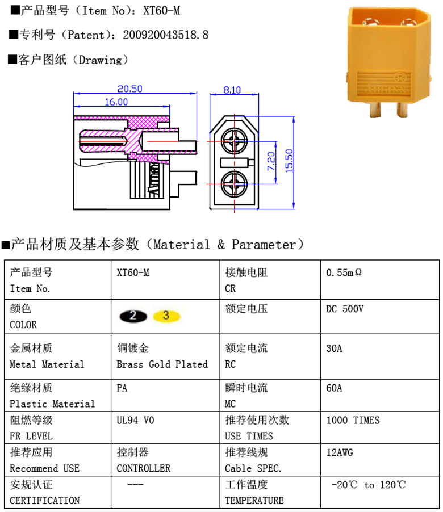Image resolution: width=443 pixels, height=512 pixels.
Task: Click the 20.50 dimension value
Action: [x=129, y=89]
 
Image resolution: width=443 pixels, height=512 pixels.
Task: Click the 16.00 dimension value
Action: [x=116, y=102]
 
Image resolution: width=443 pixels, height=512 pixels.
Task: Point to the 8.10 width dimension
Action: [x=232, y=90]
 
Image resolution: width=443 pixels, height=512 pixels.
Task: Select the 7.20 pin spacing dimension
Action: [x=271, y=162]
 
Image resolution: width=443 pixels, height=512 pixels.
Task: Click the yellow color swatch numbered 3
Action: [x=166, y=316]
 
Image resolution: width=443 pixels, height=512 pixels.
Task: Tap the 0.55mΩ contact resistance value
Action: [x=344, y=272]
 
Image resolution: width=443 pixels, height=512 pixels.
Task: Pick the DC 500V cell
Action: [x=345, y=309]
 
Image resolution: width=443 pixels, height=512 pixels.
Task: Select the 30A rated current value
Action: [x=335, y=349]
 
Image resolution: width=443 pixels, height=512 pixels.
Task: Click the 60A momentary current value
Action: [x=335, y=388]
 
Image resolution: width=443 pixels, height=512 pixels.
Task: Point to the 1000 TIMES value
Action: [x=353, y=421]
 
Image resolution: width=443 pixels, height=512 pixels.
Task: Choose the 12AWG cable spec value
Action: [x=340, y=453]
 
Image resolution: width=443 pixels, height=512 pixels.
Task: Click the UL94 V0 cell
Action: [x=135, y=421]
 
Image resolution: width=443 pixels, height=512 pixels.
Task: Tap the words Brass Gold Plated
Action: [x=162, y=364]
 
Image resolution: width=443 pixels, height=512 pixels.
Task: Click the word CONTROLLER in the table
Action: [x=143, y=469]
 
